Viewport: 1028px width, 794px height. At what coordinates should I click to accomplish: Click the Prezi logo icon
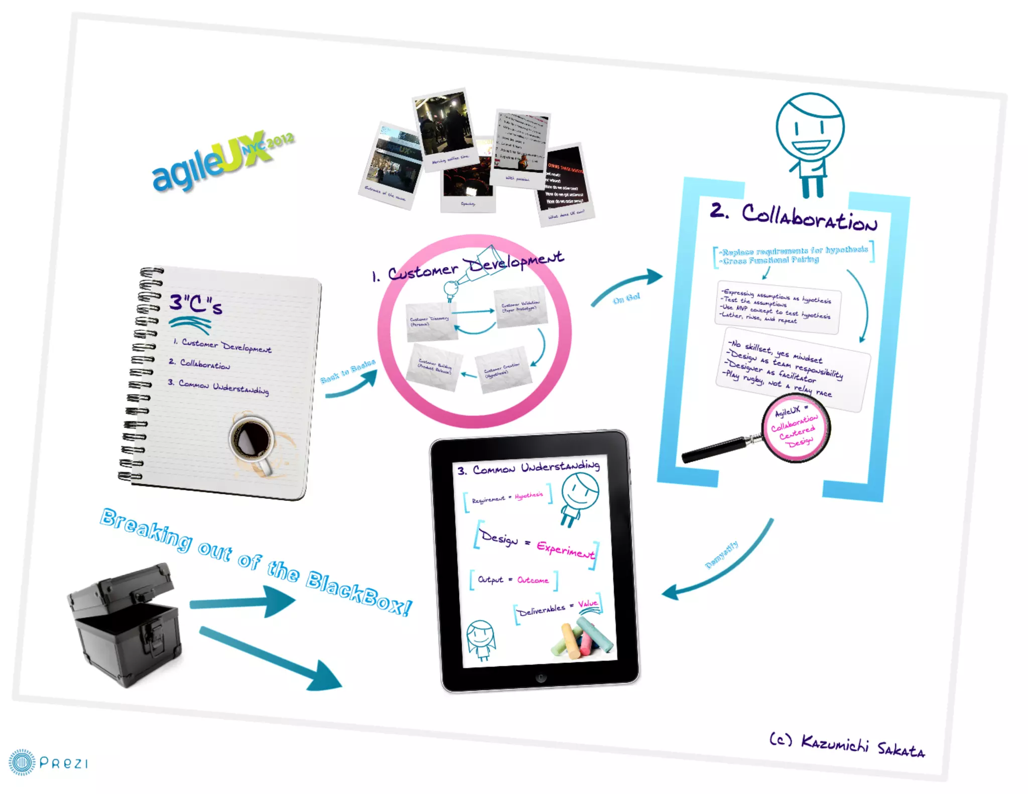click(22, 762)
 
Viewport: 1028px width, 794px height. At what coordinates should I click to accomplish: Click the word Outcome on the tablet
click(533, 580)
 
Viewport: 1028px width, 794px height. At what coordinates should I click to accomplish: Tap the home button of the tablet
click(541, 678)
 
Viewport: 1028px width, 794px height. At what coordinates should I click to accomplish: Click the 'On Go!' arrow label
click(626, 298)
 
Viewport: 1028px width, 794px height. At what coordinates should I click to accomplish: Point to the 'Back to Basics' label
click(348, 371)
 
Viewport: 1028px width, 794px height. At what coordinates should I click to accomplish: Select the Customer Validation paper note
click(521, 306)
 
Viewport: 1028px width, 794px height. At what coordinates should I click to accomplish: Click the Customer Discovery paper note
click(430, 321)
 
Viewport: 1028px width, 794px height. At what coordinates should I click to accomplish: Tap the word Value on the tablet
click(588, 603)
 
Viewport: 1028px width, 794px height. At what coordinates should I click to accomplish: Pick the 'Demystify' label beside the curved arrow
click(722, 555)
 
